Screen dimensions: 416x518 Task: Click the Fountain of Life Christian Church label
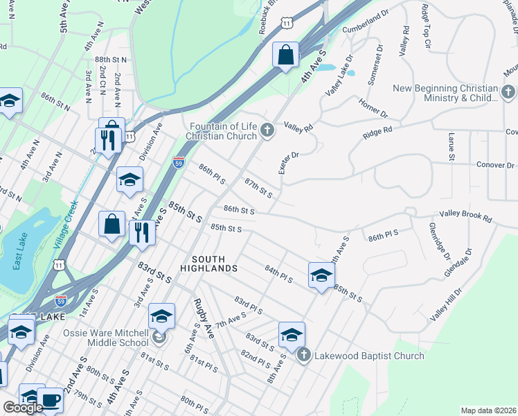click(x=224, y=130)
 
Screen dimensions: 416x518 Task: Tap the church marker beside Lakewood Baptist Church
click(x=303, y=356)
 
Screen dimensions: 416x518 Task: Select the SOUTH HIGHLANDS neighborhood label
click(x=209, y=263)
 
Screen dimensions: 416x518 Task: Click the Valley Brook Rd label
click(x=465, y=217)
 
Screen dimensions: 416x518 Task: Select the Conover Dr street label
click(x=495, y=165)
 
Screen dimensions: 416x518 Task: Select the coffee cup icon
click(x=50, y=399)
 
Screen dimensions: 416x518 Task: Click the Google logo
click(x=22, y=407)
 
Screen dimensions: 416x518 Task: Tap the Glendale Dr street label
click(x=457, y=263)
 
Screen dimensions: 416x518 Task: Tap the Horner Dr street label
click(x=373, y=107)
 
